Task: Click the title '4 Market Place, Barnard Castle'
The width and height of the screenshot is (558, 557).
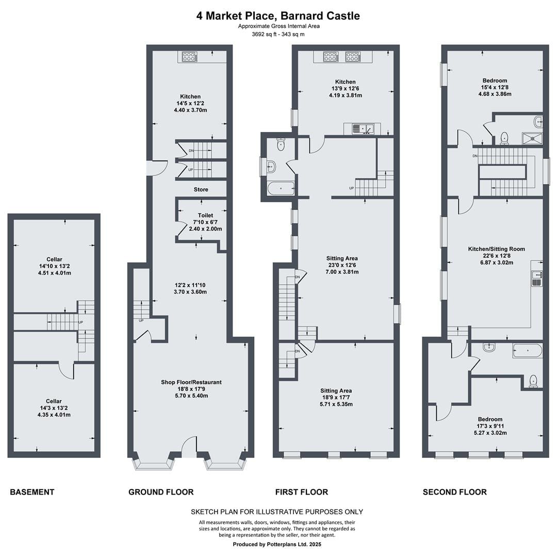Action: (x=278, y=16)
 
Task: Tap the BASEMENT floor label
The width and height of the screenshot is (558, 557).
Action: (x=32, y=492)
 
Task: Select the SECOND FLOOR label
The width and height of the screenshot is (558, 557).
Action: (x=454, y=492)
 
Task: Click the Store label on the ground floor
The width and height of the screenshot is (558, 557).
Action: (x=201, y=189)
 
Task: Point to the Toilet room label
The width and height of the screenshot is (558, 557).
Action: (x=205, y=216)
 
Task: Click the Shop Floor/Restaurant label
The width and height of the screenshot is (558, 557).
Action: (x=191, y=382)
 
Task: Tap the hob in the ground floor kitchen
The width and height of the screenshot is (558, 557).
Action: (x=189, y=56)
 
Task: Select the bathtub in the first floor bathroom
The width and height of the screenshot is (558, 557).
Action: (x=281, y=188)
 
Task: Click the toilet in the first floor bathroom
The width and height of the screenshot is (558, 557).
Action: (x=281, y=144)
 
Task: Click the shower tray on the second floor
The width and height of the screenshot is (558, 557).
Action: (x=532, y=138)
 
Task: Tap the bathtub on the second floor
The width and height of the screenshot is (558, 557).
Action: (x=528, y=351)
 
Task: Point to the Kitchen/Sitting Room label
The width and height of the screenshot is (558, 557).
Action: (x=497, y=249)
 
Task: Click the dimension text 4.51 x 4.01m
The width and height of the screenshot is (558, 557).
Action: (x=55, y=273)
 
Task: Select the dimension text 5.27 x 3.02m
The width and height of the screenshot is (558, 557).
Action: (x=490, y=433)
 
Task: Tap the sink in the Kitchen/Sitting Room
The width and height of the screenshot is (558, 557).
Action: (x=536, y=278)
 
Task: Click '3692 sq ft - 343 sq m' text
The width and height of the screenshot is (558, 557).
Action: (x=278, y=35)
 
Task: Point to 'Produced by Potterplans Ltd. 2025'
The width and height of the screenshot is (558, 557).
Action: (x=277, y=544)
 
